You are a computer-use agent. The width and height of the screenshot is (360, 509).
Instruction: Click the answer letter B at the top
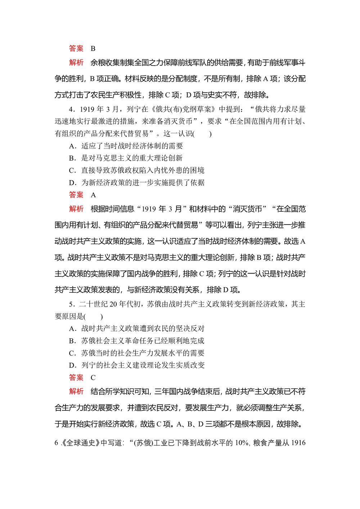coord(93,49)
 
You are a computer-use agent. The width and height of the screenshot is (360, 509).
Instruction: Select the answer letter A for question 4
coord(93,195)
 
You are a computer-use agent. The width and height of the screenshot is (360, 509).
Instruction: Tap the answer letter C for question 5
coord(93,378)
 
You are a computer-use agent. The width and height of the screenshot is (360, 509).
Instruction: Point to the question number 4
coord(71,109)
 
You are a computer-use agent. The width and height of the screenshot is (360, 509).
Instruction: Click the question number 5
coord(71,305)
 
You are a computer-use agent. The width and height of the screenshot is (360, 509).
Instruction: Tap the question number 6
coord(56,443)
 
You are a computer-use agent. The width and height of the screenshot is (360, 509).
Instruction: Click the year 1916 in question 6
coord(298,443)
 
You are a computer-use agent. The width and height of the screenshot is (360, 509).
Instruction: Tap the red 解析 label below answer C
coord(76,391)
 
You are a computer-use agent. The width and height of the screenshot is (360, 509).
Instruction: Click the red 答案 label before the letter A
coord(76,195)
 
